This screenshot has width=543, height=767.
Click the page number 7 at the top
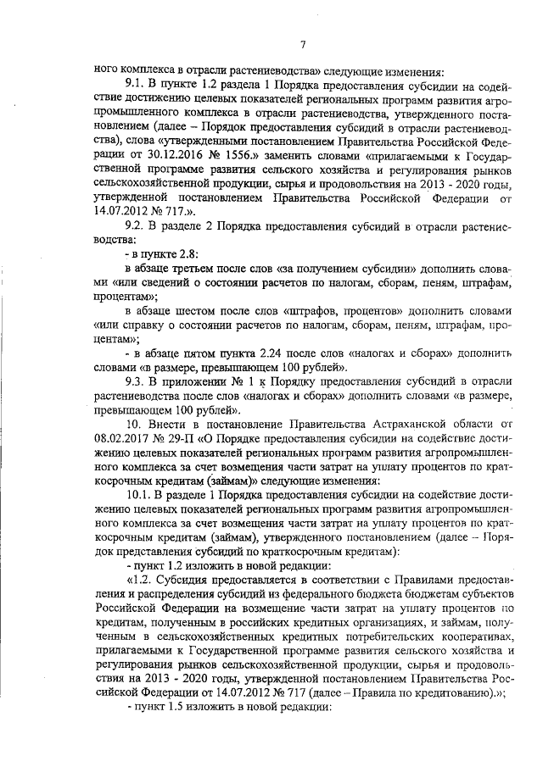click(x=303, y=45)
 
